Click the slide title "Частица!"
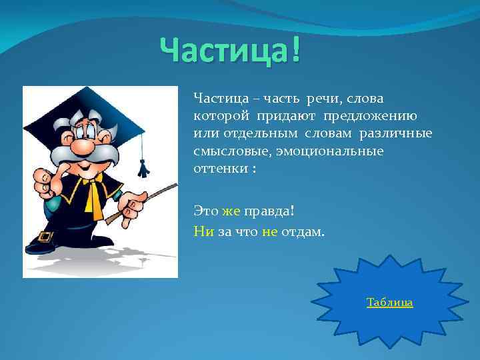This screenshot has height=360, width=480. pyautogui.click(x=230, y=51)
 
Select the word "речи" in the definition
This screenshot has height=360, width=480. pyautogui.click(x=321, y=99)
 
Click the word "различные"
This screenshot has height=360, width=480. pyautogui.click(x=396, y=134)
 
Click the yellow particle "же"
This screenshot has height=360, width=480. pyautogui.click(x=231, y=211)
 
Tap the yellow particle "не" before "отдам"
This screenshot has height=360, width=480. pyautogui.click(x=269, y=231)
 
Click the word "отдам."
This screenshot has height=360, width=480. pyautogui.click(x=303, y=231)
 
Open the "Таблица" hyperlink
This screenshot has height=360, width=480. pyautogui.click(x=389, y=303)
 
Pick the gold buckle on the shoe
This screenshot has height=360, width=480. pyautogui.click(x=46, y=236)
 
